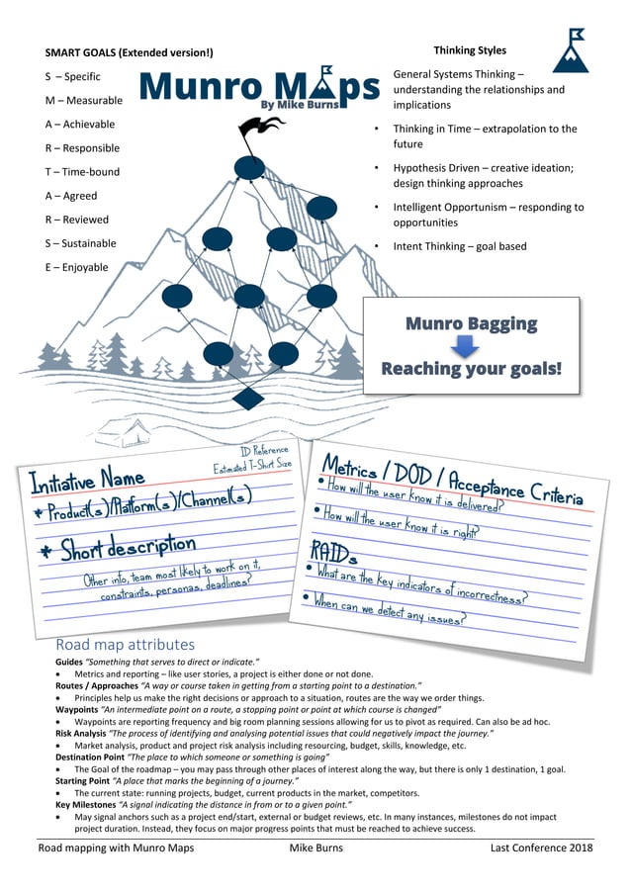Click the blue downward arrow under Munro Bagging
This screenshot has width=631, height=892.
(x=471, y=346)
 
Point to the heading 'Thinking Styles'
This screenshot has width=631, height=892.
(x=470, y=50)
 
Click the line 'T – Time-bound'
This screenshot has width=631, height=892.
(x=82, y=172)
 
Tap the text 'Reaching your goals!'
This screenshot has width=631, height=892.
(x=471, y=369)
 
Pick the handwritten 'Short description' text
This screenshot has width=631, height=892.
(x=116, y=546)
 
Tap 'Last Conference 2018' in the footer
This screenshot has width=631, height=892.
(x=541, y=848)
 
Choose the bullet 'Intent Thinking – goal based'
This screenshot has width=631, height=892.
(x=460, y=246)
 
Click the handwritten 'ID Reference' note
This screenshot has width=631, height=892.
(x=264, y=451)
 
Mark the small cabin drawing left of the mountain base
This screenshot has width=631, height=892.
(x=106, y=431)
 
